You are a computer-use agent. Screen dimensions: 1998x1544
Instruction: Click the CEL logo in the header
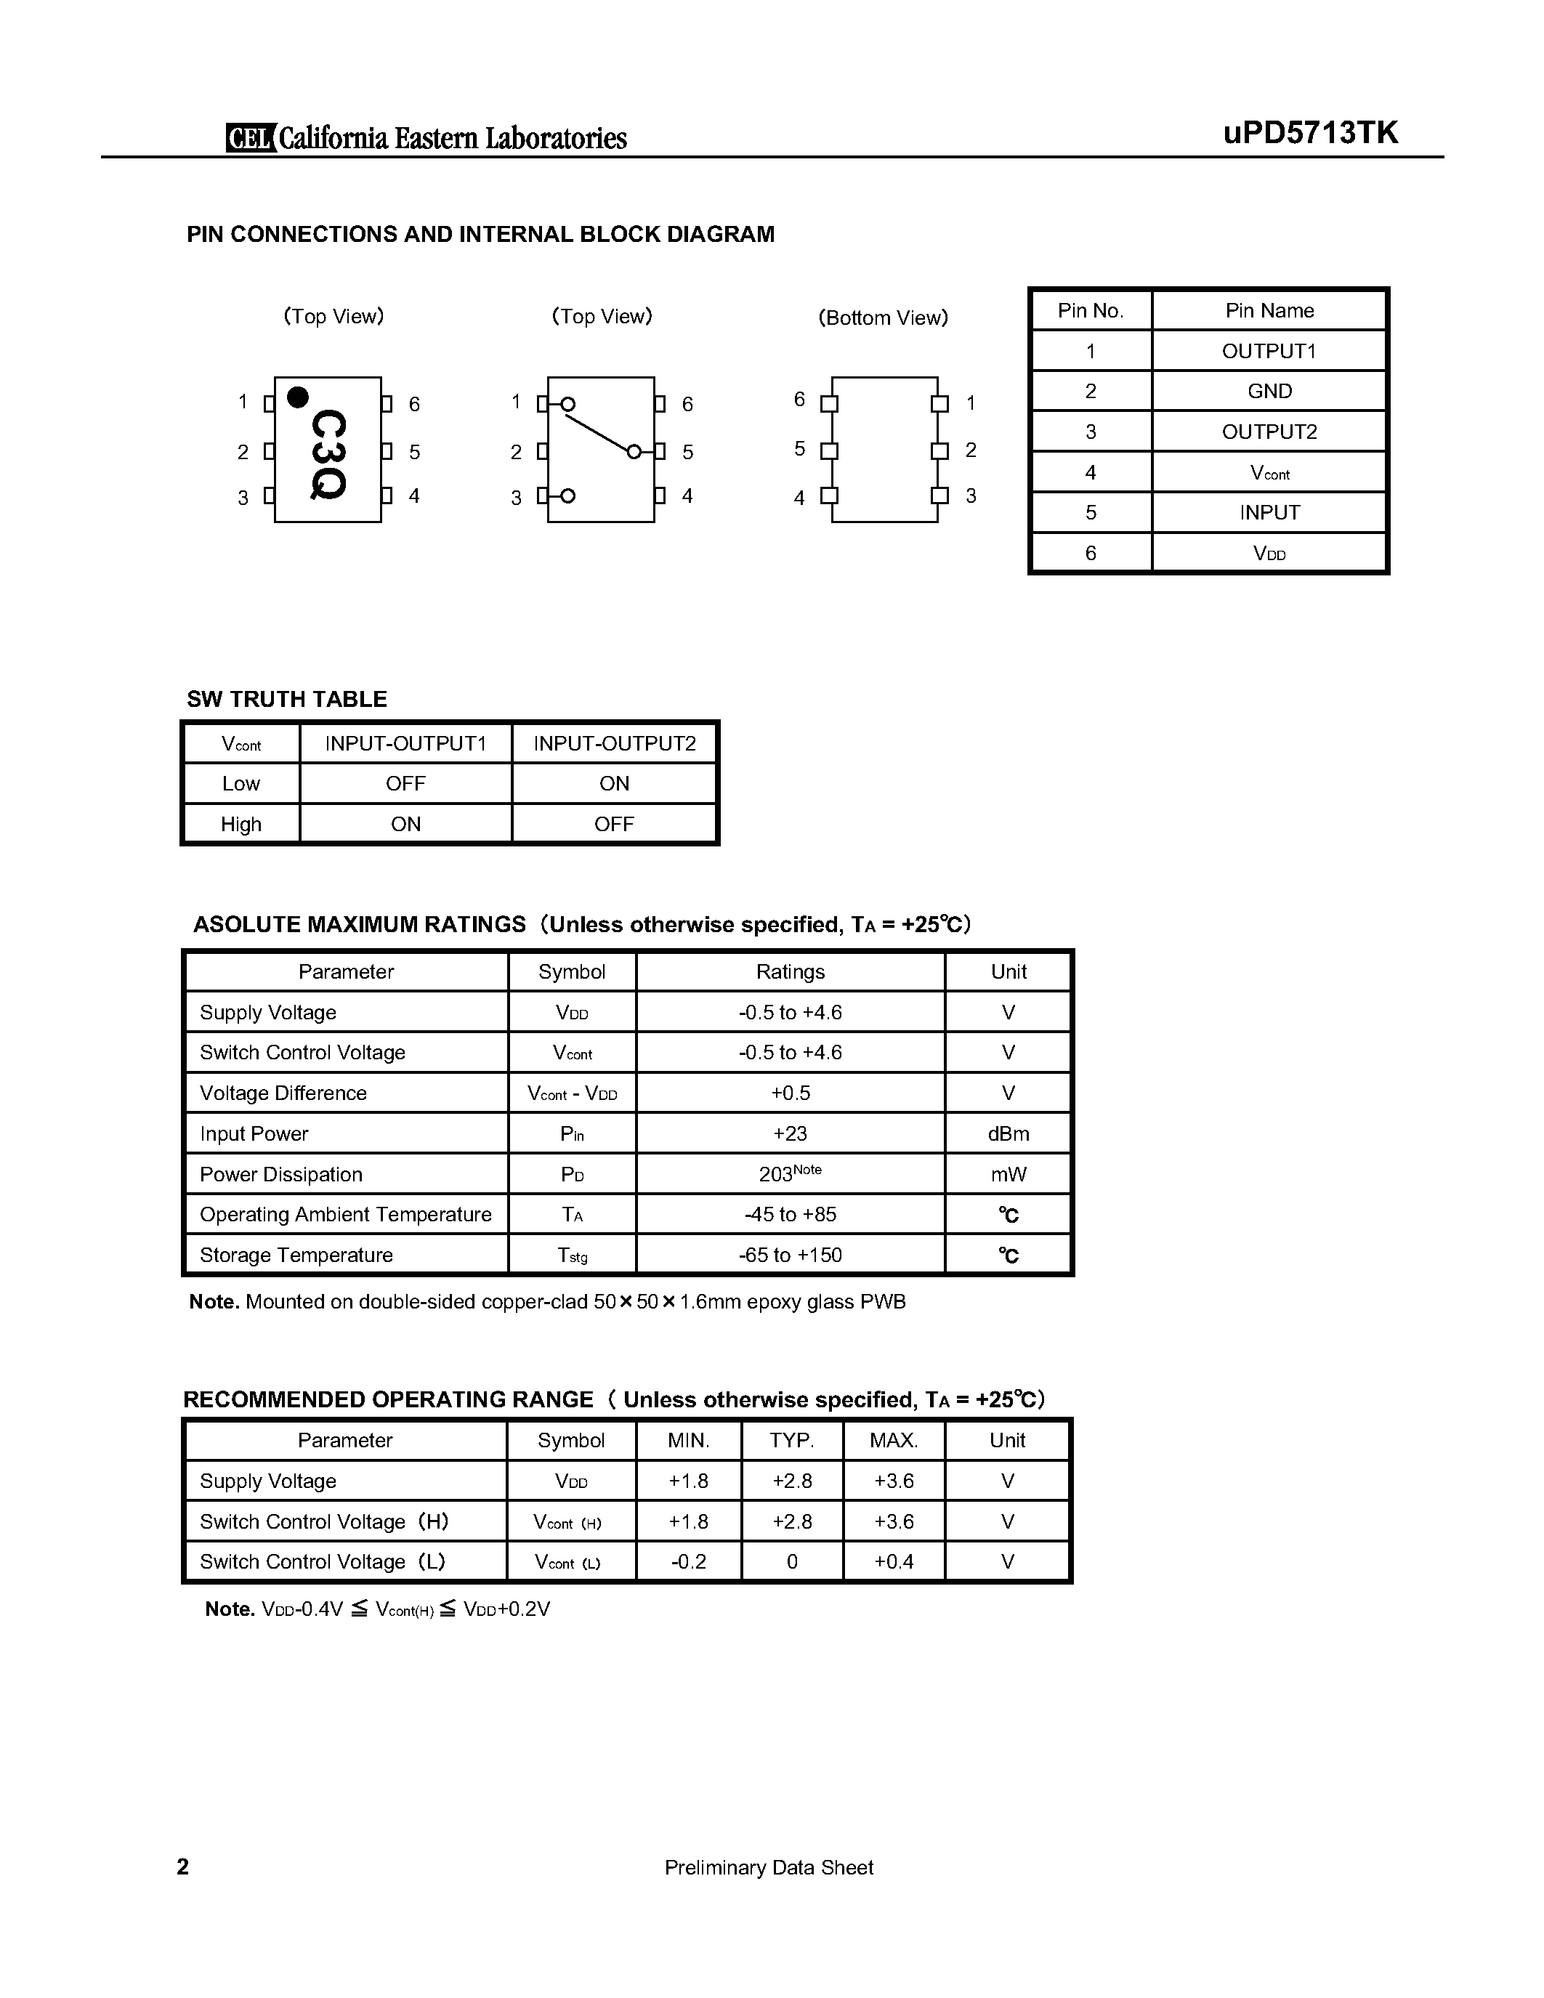pyautogui.click(x=250, y=137)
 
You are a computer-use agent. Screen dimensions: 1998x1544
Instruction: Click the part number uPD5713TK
pyautogui.click(x=1310, y=134)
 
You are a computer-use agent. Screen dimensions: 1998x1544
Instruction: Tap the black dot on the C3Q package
pyautogui.click(x=297, y=397)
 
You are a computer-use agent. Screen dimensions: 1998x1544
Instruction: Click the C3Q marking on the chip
pyautogui.click(x=328, y=454)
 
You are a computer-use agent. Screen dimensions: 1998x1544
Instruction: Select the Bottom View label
pyautogui.click(x=883, y=318)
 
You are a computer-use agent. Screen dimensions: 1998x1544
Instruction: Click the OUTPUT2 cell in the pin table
pyautogui.click(x=1269, y=432)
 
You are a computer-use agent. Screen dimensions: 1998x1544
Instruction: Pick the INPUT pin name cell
pyautogui.click(x=1269, y=512)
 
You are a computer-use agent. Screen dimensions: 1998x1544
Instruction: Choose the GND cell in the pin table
pyautogui.click(x=1269, y=392)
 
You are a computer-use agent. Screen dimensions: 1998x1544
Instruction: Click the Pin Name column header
pyautogui.click(x=1269, y=311)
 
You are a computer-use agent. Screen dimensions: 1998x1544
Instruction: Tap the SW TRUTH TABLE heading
pyautogui.click(x=286, y=699)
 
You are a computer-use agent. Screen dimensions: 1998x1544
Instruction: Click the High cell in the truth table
pyautogui.click(x=241, y=825)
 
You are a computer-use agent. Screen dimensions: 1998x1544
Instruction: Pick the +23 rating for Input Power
pyautogui.click(x=791, y=1133)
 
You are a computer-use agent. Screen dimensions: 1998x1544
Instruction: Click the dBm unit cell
pyautogui.click(x=1008, y=1133)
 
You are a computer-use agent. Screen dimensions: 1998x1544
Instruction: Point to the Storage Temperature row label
pyautogui.click(x=296, y=1255)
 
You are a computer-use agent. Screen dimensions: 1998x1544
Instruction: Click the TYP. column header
pyautogui.click(x=791, y=1440)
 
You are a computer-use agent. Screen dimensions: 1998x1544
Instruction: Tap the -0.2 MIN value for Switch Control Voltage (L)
pyautogui.click(x=688, y=1561)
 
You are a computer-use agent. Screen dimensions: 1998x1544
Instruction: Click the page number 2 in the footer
pyautogui.click(x=183, y=1867)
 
